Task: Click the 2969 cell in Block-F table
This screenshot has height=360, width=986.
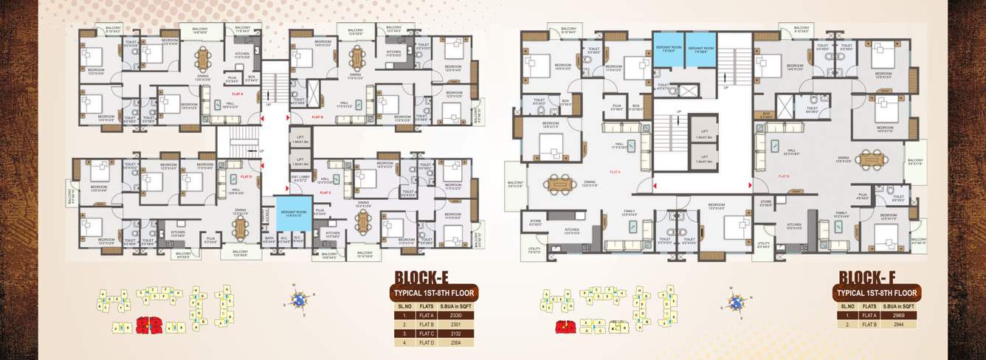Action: tap(897, 315)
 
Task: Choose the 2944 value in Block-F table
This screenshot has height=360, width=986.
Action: tap(897, 325)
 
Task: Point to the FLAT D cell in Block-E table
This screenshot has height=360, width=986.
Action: tap(427, 343)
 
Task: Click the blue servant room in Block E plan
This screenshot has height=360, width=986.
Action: tap(292, 213)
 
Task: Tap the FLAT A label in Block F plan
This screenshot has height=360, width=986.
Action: tap(614, 171)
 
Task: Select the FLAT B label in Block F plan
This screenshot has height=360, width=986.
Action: tap(784, 176)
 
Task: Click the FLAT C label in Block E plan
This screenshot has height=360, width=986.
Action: tap(325, 192)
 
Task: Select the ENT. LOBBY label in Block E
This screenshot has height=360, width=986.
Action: tap(300, 178)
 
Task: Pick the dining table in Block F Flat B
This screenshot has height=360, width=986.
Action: tap(870, 157)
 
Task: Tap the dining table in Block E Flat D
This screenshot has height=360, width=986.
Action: tap(241, 227)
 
